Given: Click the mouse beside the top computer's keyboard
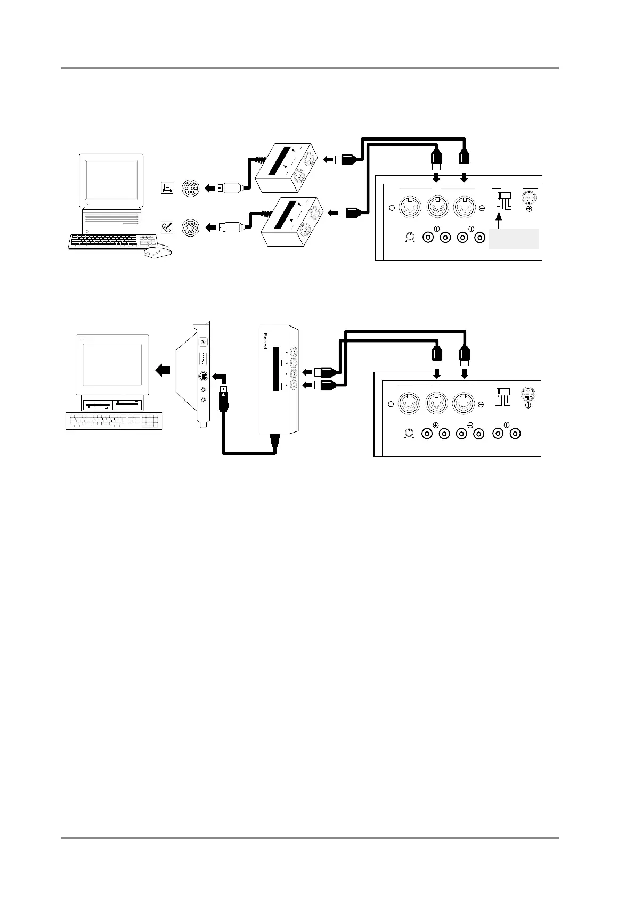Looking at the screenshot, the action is [x=158, y=251].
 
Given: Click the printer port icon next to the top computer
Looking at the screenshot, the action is [x=167, y=188].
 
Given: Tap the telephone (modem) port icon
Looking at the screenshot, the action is [x=167, y=227].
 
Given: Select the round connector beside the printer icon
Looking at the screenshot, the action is [x=191, y=188].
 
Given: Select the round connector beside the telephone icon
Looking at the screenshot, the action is [x=191, y=227].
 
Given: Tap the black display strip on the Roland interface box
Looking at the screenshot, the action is [x=276, y=369].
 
